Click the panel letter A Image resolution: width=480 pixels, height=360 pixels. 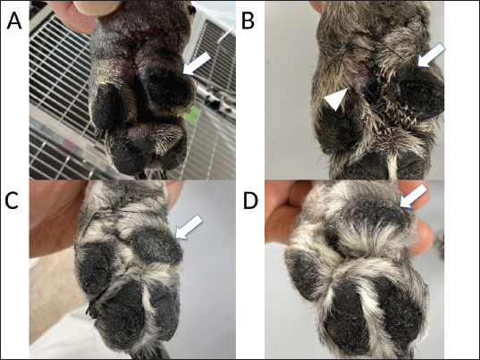coord(14,21)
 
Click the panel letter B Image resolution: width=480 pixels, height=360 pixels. coord(248,21)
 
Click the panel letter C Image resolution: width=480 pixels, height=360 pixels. coord(12,200)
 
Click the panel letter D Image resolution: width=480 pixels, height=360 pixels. coord(250,201)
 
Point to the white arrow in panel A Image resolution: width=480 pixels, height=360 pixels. coord(198,63)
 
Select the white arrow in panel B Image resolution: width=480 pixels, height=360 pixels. coord(432,54)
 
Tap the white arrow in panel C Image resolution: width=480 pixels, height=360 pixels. coord(189,227)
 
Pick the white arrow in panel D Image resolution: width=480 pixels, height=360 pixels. coord(414,197)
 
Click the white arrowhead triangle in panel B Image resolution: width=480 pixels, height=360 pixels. coord(335,98)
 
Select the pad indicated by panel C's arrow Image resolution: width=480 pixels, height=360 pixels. coord(157,246)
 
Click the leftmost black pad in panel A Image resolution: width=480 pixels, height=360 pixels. coord(107,105)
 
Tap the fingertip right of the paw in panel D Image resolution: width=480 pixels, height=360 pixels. coord(424,237)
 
